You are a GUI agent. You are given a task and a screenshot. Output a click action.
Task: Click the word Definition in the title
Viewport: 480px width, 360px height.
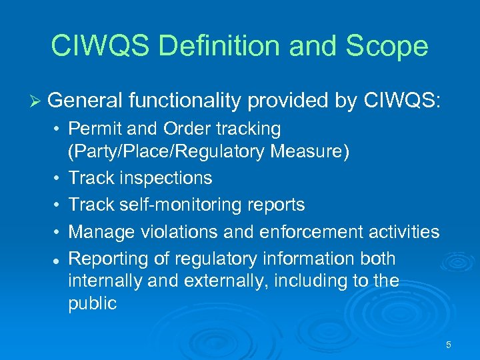pos(219,46)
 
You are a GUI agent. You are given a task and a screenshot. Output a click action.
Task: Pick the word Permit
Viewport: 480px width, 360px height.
pos(93,128)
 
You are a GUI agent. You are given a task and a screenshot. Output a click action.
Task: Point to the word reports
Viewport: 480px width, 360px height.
pos(276,205)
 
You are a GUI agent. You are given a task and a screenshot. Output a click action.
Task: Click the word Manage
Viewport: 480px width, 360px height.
pos(102,231)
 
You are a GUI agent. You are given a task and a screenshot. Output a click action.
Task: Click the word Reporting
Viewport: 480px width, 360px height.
pos(107,258)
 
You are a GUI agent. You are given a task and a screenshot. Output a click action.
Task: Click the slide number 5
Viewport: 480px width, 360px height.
pos(448,345)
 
